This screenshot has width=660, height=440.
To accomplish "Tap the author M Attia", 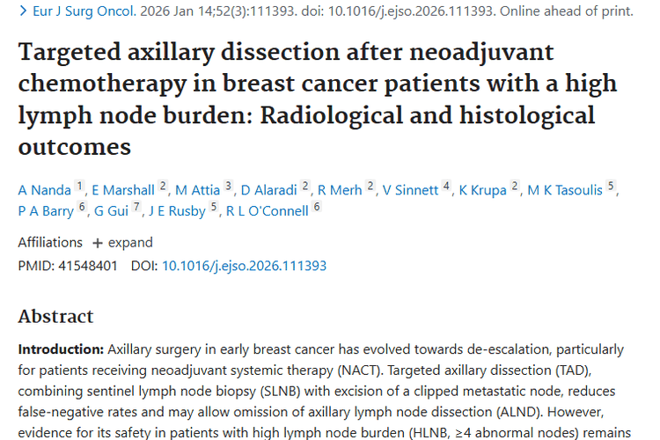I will coord(199,189).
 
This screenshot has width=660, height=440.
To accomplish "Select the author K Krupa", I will coord(484,189).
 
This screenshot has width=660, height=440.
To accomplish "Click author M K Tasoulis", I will coord(567,189).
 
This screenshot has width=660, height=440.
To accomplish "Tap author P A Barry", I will coord(46,210).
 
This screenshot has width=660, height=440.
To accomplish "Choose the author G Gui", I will coord(112,210).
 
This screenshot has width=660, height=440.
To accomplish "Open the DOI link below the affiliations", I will coord(244,265).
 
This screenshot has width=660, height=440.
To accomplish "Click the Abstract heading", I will coord(55,316).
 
